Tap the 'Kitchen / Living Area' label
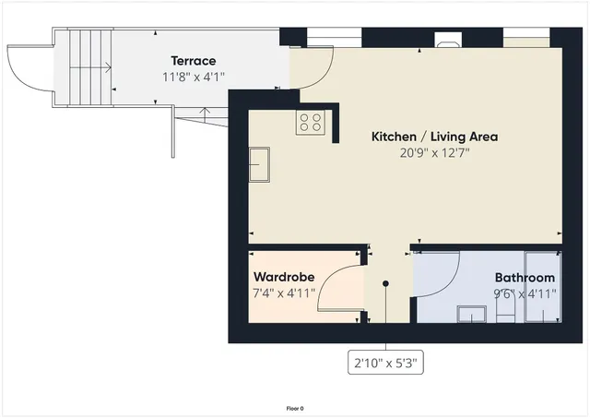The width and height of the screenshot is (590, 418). (x=434, y=137)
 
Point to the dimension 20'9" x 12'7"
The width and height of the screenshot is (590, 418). (x=434, y=154)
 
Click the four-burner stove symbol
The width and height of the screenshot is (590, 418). (x=310, y=123)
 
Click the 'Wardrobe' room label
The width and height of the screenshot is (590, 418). (x=284, y=277)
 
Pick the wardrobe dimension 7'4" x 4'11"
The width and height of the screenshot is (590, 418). (x=284, y=293)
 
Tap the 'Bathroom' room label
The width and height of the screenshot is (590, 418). (x=525, y=278)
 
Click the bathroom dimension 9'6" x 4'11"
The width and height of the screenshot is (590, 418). (x=525, y=294)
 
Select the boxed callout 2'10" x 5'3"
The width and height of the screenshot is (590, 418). (x=387, y=364)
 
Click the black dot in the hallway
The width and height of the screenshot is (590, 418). (x=386, y=284)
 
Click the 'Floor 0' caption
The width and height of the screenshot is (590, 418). (x=295, y=407)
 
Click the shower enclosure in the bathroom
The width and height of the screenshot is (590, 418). (x=541, y=286)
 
